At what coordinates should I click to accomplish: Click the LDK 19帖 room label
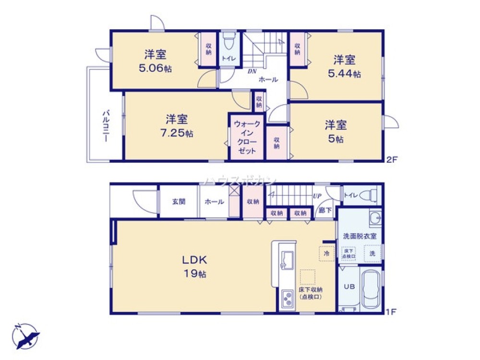pos(194,267)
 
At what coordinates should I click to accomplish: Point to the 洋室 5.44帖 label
pos(345,67)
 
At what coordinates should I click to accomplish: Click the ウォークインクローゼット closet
pos(247,137)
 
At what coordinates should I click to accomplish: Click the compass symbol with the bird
pos(25,336)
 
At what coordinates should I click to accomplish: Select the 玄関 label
pos(179,202)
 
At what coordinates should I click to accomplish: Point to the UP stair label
pos(317,196)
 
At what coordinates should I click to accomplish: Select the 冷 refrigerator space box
pos(326,253)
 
